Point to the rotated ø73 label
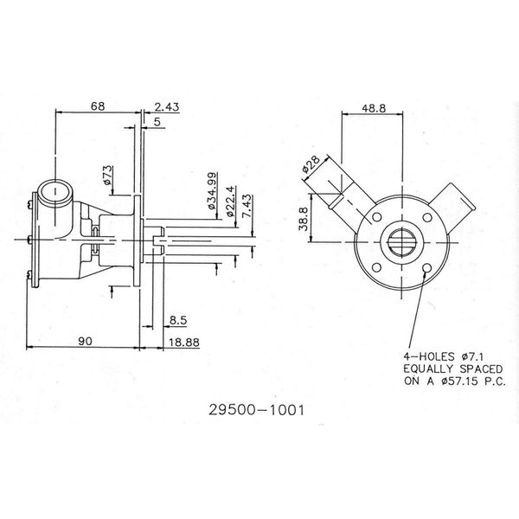point(109,176)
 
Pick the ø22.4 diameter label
point(230,199)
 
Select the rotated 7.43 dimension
point(248,208)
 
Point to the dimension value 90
point(84,342)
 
